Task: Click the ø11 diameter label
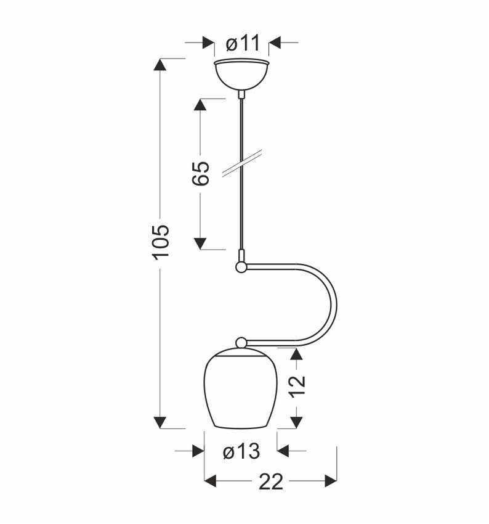pos(243,43)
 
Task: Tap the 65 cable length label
pos(201,173)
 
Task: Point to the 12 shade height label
pos(297,387)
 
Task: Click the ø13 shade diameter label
pos(241,451)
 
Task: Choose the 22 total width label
pos(271,481)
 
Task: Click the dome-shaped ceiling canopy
pos(241,75)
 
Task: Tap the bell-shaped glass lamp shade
pos(241,388)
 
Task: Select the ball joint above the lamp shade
pos(241,343)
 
